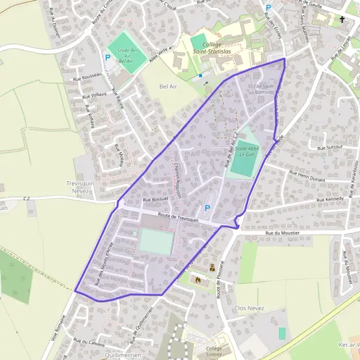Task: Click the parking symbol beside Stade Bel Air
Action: tap(108, 58)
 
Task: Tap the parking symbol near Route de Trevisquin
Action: tap(208, 208)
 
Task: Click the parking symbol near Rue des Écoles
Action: tap(268, 8)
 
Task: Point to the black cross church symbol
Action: tap(342, 19)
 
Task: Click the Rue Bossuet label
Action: tap(156, 199)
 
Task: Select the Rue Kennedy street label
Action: tap(331, 199)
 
